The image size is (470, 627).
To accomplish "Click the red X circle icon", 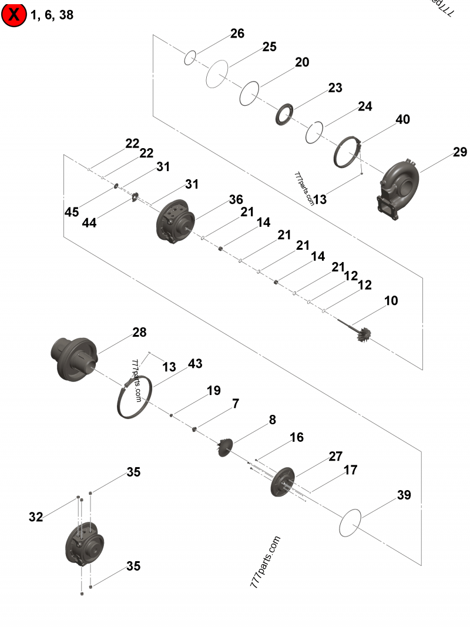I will (14, 15).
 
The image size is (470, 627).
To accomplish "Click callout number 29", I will (459, 153).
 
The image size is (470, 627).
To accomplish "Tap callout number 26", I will (237, 34).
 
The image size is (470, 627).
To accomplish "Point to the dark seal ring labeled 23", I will (286, 114).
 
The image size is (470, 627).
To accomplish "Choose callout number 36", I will (236, 200).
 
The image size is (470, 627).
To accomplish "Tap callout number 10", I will (391, 301).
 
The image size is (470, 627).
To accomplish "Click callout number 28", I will (139, 333).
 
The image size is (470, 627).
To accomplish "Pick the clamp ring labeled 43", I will (136, 399).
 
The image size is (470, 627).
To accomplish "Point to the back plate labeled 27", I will (284, 481).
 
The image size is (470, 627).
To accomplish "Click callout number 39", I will (404, 495).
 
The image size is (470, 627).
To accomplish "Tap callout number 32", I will (36, 517).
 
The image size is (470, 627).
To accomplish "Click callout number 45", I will (72, 212).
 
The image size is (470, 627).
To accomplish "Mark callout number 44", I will (90, 223).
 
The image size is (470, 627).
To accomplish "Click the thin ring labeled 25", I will (217, 74).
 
